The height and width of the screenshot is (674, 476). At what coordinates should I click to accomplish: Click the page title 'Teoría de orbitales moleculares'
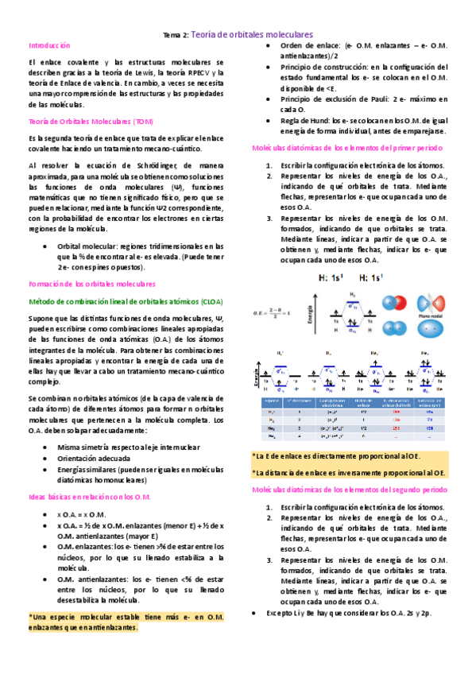pyautogui.click(x=252, y=35)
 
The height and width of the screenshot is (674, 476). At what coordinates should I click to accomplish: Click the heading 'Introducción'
pyautogui.click(x=49, y=47)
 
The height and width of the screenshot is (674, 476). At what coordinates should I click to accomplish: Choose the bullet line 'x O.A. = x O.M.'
pyautogui.click(x=87, y=515)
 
